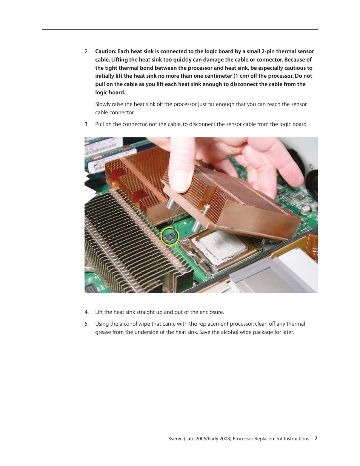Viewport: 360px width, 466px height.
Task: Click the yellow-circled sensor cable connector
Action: (170, 237)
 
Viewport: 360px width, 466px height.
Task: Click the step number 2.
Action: (86, 52)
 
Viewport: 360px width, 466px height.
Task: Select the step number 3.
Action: (86, 125)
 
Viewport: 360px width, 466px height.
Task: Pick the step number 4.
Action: (86, 312)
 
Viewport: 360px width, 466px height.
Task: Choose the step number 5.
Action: (86, 324)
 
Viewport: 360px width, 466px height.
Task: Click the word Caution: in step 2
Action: (106, 52)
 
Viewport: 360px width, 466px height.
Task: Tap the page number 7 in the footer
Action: (316, 439)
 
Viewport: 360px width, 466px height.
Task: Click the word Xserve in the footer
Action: (175, 439)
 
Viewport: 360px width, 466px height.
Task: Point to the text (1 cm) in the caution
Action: (241, 76)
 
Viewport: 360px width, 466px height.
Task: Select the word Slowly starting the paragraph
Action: (103, 105)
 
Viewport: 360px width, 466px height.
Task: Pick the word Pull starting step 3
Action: (100, 125)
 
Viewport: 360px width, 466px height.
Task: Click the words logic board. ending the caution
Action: (110, 93)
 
